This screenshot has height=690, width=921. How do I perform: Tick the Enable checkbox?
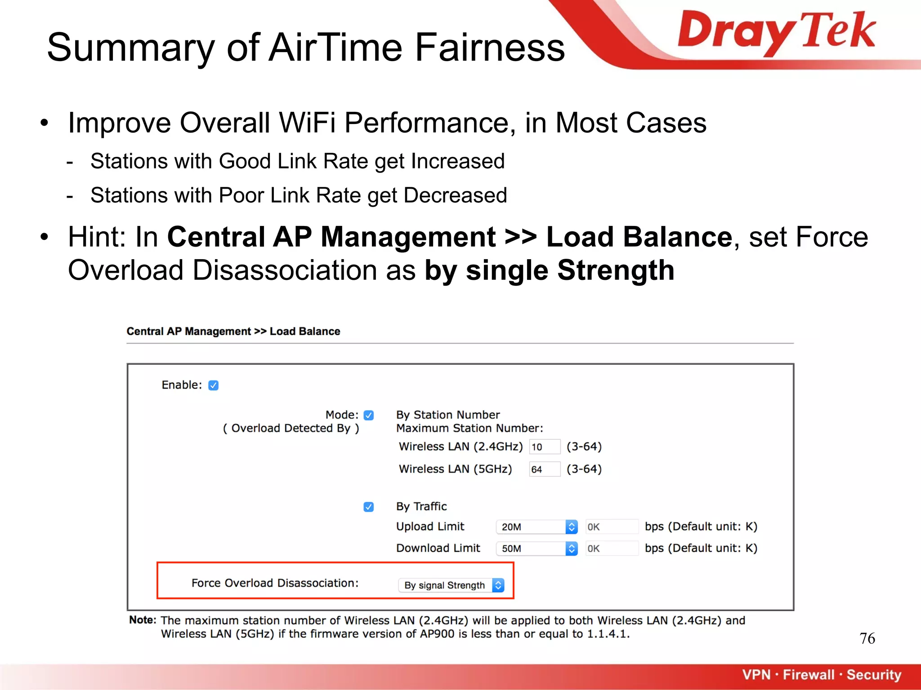coord(214,385)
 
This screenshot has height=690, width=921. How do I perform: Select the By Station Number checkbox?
coord(369,415)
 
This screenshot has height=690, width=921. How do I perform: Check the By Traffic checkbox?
coord(369,507)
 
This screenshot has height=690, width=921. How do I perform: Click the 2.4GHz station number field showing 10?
coord(544,447)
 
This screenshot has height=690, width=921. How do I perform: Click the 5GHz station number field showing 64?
coord(544,469)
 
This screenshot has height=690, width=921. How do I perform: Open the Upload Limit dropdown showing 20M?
coord(537,527)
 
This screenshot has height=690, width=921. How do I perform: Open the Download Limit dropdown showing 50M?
coord(537,548)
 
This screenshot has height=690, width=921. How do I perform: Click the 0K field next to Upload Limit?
coord(611,527)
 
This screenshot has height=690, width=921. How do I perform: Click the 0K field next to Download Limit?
coord(611,548)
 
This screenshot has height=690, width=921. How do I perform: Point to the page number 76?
coord(867,638)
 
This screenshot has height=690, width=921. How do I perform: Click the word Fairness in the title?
coord(489,48)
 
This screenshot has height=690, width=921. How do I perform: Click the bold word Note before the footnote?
coord(142,620)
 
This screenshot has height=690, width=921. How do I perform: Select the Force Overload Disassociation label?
coord(275,583)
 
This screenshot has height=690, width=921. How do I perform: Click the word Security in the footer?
coord(874,675)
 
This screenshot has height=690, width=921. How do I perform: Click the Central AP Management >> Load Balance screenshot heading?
coord(233,332)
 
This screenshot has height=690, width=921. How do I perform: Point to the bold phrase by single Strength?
coord(550,270)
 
